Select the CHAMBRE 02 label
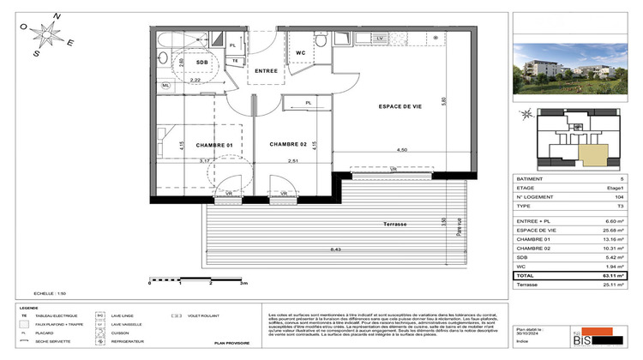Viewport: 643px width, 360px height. coord(288,144)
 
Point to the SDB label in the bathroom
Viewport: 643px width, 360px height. coord(203,63)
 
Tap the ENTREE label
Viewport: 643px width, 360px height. coord(266,71)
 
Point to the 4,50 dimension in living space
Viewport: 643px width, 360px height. coord(401,151)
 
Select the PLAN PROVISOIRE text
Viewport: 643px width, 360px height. coord(231,342)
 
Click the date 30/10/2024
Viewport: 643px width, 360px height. coord(529,333)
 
